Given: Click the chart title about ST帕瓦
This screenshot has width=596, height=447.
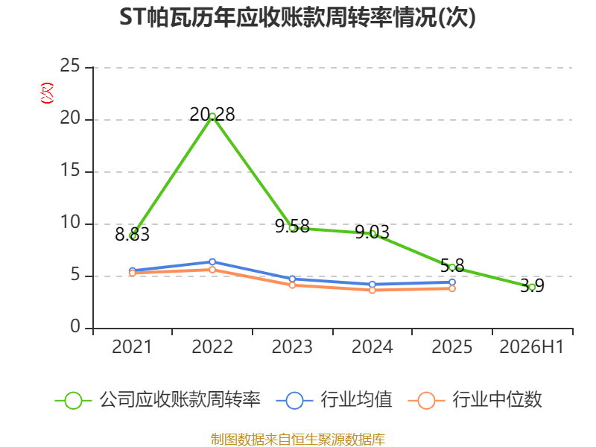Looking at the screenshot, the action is (297, 17).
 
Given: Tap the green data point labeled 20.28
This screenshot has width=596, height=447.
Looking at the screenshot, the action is (212, 117).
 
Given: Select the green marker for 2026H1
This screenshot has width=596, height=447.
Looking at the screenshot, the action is (532, 288).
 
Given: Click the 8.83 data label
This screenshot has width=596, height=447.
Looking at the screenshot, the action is (132, 235).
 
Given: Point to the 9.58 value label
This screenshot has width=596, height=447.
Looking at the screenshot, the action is (292, 226).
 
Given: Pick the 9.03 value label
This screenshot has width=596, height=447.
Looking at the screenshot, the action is (372, 232).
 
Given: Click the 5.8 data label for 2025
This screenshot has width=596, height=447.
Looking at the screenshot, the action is (452, 265).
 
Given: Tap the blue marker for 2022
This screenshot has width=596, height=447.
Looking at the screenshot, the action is (212, 262).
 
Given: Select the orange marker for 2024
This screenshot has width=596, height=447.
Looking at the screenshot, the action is (372, 290).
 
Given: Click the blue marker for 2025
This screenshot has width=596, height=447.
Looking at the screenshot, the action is (452, 282).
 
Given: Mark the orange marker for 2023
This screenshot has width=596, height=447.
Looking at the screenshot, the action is (292, 285).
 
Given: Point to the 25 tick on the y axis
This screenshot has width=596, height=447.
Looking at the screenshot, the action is (70, 66).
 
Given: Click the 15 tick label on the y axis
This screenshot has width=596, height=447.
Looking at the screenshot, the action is (70, 170).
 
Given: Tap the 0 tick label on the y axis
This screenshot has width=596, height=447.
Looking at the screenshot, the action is (75, 326).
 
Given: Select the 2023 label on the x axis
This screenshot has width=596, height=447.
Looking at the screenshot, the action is (292, 346).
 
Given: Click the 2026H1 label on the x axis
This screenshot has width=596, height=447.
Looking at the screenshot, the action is (532, 346).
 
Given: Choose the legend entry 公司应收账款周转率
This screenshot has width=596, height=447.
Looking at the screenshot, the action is (158, 400).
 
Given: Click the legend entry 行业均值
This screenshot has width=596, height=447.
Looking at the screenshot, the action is (334, 400).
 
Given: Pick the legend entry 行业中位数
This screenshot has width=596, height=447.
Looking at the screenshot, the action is (475, 400).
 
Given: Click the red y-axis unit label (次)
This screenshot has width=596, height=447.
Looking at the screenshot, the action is (47, 93).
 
